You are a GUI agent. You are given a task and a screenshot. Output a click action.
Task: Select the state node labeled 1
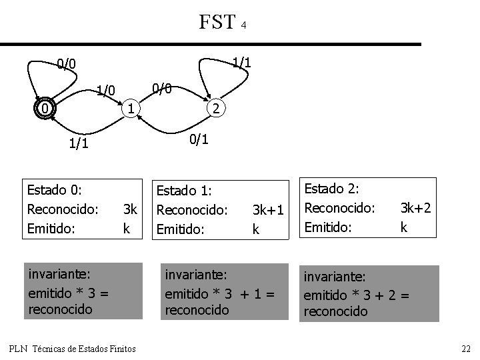pyautogui.click(x=132, y=108)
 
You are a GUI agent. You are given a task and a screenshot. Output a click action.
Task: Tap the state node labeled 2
pyautogui.click(x=216, y=109)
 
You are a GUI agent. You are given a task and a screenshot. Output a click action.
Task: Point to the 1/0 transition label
pyautogui.click(x=106, y=90)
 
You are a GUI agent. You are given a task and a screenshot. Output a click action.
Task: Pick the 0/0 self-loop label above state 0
pyautogui.click(x=66, y=64)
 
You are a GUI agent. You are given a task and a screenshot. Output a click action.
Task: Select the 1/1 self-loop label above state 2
pyautogui.click(x=241, y=62)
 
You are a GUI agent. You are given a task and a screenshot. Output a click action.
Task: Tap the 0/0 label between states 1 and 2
pyautogui.click(x=163, y=88)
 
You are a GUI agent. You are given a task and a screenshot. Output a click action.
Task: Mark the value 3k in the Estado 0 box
pyautogui.click(x=130, y=209)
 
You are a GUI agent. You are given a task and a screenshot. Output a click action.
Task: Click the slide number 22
pyautogui.click(x=466, y=349)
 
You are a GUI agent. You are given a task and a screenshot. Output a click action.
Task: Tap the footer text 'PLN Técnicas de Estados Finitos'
pyautogui.click(x=73, y=349)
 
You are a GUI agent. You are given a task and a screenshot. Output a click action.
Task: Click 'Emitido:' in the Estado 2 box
pyautogui.click(x=327, y=227)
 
